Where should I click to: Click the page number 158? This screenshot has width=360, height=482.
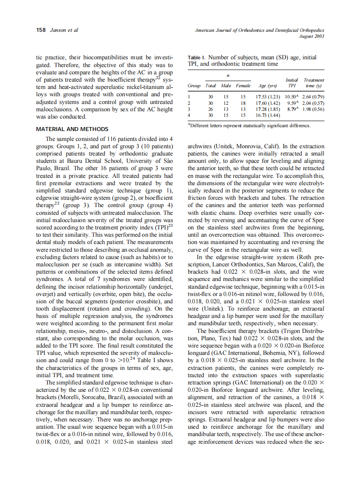point(41,30)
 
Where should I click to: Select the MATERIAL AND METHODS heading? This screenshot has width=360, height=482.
point(72,129)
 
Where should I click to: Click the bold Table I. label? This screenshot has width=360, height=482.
point(197,57)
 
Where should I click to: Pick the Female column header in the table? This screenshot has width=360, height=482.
point(243,85)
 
